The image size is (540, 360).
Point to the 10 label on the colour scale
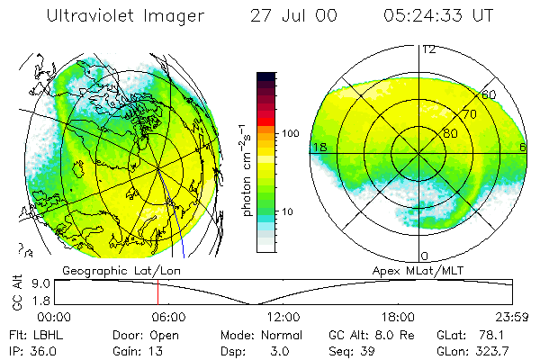[x=290, y=212]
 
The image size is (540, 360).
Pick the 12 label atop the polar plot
[x=429, y=49]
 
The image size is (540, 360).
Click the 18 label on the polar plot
[x=319, y=147]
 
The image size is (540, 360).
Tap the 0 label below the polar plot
[x=425, y=256]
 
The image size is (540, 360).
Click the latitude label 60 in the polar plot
[x=489, y=94]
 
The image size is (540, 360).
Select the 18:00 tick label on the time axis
[x=398, y=317]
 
